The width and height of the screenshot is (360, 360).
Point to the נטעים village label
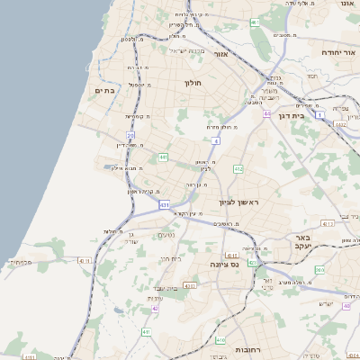click(166, 235)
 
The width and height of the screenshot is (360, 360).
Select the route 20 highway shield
click(142, 135)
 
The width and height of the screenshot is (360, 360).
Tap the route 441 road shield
click(163, 157)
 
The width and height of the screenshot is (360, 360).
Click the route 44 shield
click(267, 114)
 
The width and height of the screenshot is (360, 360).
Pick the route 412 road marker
click(238, 168)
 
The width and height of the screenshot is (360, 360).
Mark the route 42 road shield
click(156, 308)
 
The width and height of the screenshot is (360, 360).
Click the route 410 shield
click(220, 339)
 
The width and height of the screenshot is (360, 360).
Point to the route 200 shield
click(319, 269)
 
